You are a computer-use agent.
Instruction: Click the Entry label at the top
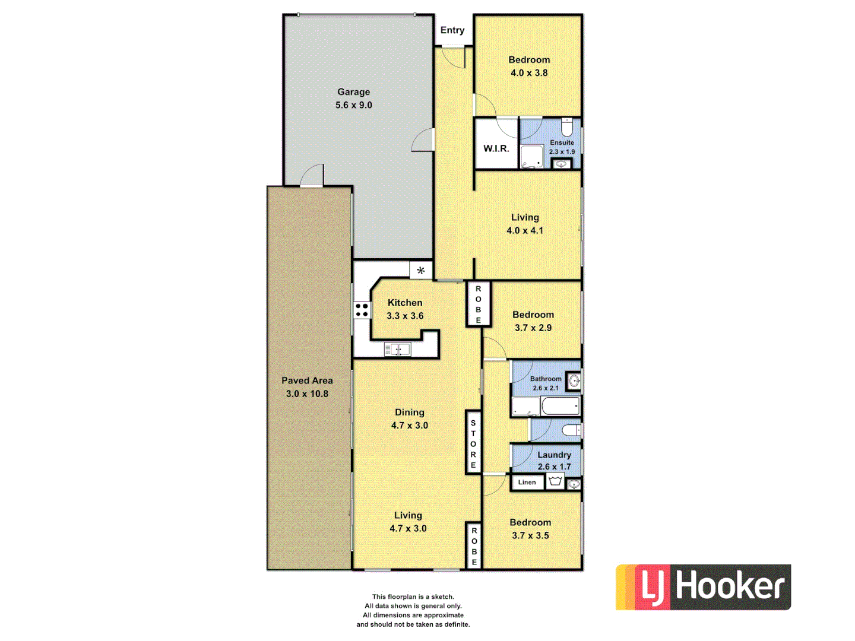452,30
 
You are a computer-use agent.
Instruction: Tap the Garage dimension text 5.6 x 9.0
354,105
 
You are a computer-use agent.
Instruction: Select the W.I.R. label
496,148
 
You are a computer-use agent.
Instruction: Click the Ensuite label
562,142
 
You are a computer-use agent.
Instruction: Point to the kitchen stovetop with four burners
362,310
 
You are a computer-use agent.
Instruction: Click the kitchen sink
397,350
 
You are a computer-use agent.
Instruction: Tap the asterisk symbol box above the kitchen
421,271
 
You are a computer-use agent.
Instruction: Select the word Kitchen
405,303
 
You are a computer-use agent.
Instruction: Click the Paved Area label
307,380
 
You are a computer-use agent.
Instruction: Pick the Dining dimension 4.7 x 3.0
409,426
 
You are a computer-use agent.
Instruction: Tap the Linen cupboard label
527,483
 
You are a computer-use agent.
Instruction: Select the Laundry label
554,455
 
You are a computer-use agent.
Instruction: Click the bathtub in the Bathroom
560,407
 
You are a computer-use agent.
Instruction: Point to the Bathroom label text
546,379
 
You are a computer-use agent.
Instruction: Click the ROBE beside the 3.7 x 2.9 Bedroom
479,304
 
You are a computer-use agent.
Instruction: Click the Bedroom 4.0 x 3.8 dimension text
529,73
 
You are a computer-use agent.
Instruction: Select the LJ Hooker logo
703,587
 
